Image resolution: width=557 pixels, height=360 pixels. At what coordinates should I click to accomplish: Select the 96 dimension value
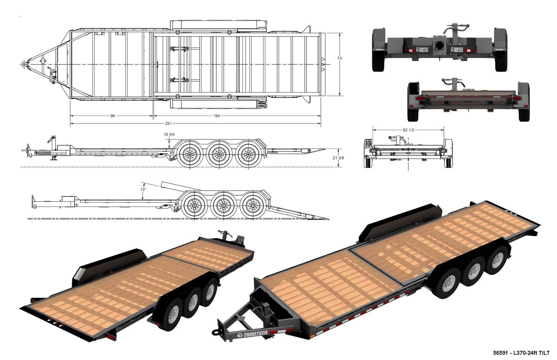click(112, 116)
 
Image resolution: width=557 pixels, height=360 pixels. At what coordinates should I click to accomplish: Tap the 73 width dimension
click(339, 58)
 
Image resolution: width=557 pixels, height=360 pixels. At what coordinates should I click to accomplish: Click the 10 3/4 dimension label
click(169, 134)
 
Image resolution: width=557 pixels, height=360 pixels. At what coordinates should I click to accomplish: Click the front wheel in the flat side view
click(189, 154)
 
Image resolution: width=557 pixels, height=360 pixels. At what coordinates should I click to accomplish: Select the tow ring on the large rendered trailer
click(217, 331)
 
